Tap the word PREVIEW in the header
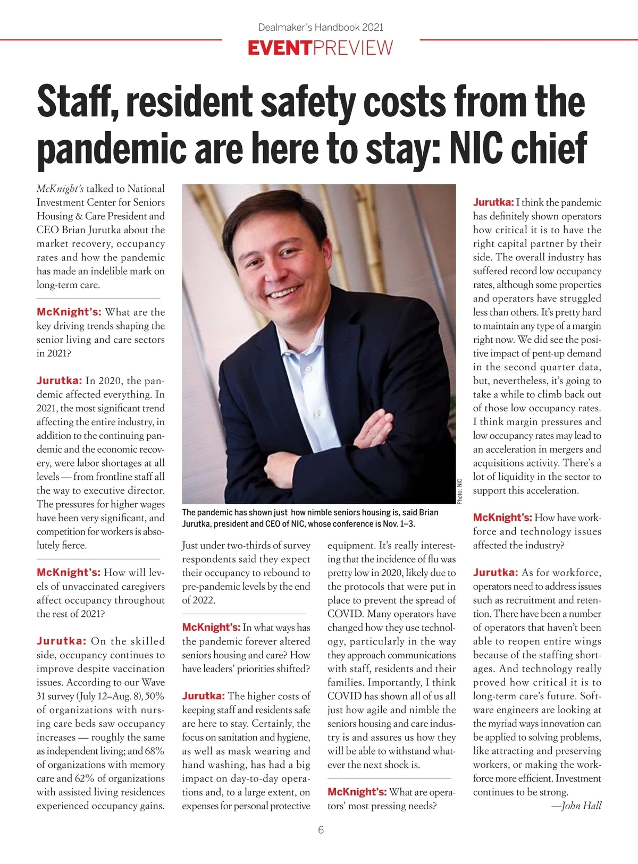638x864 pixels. point(353,48)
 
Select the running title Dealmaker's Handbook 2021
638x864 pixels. point(321,27)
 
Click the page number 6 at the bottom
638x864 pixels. point(321,830)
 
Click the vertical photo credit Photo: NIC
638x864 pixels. point(460,492)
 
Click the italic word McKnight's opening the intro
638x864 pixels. point(60,189)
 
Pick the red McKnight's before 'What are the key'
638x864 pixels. point(69,312)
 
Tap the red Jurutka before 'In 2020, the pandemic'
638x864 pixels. point(59,380)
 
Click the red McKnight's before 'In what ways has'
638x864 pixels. point(211,628)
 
